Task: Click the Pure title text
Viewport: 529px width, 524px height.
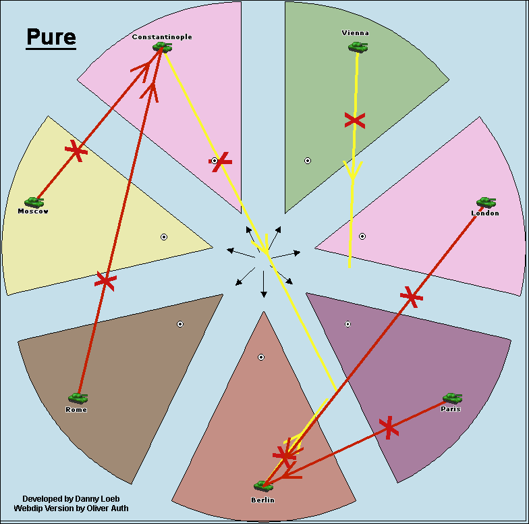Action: coord(51,37)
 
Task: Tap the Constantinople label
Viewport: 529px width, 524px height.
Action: coord(162,37)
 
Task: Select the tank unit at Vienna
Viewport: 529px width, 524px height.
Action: coord(358,47)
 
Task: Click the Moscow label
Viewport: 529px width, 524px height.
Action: coord(33,211)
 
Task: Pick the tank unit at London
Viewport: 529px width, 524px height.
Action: coord(486,202)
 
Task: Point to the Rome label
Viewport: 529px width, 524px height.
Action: coord(76,410)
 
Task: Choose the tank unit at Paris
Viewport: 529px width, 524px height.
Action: coord(452,398)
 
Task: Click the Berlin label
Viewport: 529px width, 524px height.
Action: coord(263,500)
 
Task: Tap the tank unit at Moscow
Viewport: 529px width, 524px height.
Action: coord(34,202)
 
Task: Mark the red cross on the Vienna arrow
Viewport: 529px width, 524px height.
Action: coord(354,121)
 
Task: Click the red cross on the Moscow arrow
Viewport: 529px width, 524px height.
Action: coord(76,151)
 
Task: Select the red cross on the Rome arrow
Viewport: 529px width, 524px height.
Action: coord(105,280)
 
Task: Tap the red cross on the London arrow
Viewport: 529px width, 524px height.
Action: coord(411,296)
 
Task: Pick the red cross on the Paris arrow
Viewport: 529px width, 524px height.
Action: coord(388,427)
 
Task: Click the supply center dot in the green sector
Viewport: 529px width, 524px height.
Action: coord(308,161)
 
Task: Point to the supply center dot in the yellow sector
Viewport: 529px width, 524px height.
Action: coord(164,236)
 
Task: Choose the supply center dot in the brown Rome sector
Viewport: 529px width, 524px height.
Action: coord(180,324)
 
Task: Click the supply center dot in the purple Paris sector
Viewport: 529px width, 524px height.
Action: coord(347,324)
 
